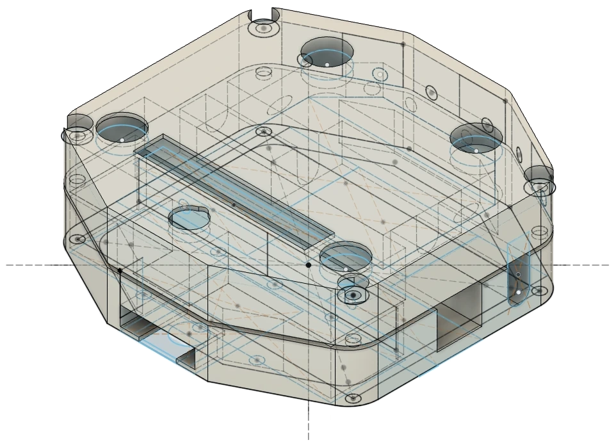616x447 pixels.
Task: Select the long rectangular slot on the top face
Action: pyautogui.click(x=234, y=192)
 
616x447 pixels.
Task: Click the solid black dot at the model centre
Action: pyautogui.click(x=308, y=264)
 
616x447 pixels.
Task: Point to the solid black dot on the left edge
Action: pyautogui.click(x=120, y=270)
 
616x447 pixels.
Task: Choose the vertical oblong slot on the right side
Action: pyautogui.click(x=518, y=275)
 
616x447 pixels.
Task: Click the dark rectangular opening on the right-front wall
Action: pyautogui.click(x=458, y=318)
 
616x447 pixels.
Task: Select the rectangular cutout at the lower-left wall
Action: pyautogui.click(x=138, y=323)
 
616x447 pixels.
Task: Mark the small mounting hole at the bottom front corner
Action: pyautogui.click(x=352, y=399)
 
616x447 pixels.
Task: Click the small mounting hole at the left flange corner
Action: pyautogui.click(x=77, y=239)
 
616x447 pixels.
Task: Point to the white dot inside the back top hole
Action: pyautogui.click(x=327, y=65)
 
